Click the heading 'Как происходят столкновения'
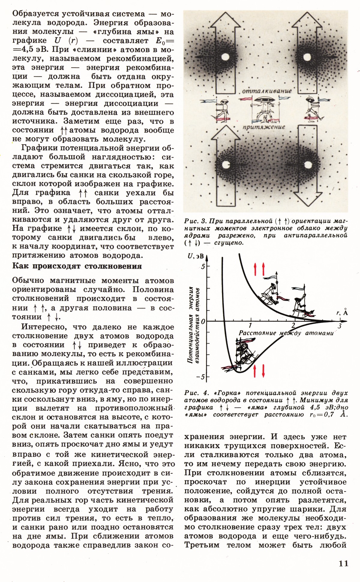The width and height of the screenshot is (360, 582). (77, 266)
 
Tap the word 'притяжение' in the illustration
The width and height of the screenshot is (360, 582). (264, 127)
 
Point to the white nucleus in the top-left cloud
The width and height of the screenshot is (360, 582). (226, 57)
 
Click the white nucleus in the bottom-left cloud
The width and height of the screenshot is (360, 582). (226, 165)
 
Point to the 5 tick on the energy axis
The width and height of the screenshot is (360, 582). (203, 267)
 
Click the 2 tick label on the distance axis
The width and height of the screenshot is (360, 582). (293, 326)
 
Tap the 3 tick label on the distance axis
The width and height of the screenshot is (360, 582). (339, 326)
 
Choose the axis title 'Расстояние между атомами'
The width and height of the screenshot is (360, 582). (286, 333)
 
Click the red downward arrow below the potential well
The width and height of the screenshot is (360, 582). (263, 371)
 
